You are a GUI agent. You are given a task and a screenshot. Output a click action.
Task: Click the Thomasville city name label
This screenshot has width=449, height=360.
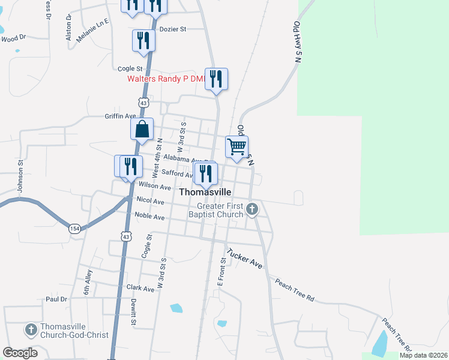[x=205, y=192]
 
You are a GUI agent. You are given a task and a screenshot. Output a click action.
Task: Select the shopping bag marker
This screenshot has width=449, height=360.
[x=142, y=129]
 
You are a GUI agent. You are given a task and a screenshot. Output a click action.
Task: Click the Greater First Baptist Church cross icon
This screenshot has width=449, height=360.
[x=252, y=209]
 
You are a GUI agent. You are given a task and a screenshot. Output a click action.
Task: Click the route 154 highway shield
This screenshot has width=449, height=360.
[x=74, y=229]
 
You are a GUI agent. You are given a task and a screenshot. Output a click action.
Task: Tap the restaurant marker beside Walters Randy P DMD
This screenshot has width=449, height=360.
[x=216, y=79]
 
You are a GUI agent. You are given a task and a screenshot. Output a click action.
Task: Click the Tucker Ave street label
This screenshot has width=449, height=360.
[x=244, y=258]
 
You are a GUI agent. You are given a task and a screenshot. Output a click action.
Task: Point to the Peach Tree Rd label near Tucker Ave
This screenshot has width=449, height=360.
[x=295, y=289]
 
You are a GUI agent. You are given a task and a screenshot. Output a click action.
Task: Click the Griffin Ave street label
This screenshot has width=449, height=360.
[x=121, y=116]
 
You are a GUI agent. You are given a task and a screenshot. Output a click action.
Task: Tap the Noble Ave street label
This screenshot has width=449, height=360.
[x=150, y=217]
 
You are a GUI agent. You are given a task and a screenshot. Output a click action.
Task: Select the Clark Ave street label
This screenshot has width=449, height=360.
[x=140, y=288]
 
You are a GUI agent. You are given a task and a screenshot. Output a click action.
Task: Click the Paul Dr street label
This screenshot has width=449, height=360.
[x=56, y=299]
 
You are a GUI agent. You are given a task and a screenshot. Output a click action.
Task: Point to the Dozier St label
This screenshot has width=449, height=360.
[x=173, y=29]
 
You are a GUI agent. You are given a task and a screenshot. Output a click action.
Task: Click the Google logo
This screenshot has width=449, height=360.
[x=20, y=353]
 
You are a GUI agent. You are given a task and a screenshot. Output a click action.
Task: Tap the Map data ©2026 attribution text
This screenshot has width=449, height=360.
[x=423, y=355]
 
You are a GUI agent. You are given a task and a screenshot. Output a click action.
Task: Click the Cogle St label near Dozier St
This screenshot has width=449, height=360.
[x=130, y=69]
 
